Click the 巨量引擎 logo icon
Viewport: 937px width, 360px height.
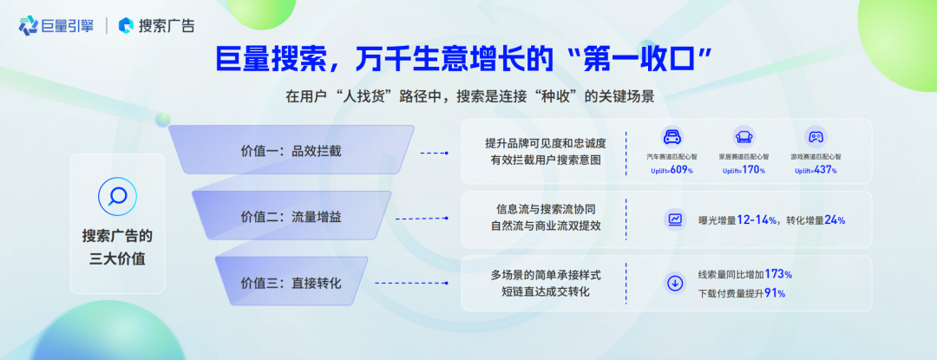point(28,26)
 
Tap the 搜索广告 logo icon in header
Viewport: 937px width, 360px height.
point(126,26)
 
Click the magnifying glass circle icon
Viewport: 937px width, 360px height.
point(117,197)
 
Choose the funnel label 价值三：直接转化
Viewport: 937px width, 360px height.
point(291,283)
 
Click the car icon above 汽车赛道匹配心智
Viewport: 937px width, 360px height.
point(672,136)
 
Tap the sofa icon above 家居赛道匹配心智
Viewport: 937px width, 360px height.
point(744,136)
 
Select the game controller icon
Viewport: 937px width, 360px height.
point(815,136)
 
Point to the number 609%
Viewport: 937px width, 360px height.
point(682,171)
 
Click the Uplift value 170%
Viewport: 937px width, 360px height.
point(754,171)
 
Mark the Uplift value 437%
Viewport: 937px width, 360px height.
point(826,171)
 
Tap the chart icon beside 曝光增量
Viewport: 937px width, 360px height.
point(675,219)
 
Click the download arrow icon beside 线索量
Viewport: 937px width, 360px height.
point(675,284)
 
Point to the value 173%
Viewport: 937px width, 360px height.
point(778,275)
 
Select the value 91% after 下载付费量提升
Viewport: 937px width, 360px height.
point(775,293)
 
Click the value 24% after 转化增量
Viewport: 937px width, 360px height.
point(835,220)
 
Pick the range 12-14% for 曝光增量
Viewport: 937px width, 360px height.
point(757,220)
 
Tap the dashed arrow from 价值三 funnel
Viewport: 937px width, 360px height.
point(411,283)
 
